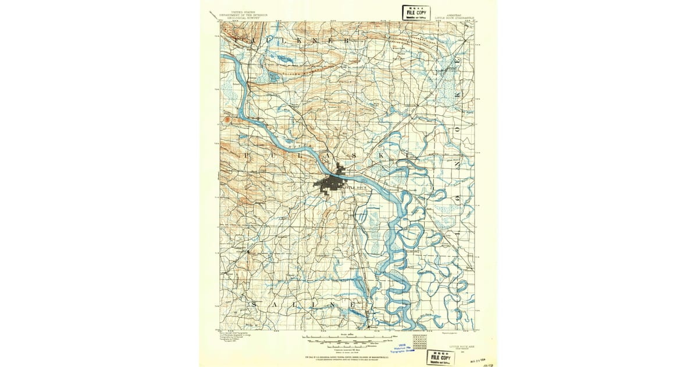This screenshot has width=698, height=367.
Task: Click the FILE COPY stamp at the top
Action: (416, 12)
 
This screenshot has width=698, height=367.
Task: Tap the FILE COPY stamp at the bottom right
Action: (441, 357)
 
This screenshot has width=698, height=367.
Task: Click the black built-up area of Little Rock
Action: (329, 185)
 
